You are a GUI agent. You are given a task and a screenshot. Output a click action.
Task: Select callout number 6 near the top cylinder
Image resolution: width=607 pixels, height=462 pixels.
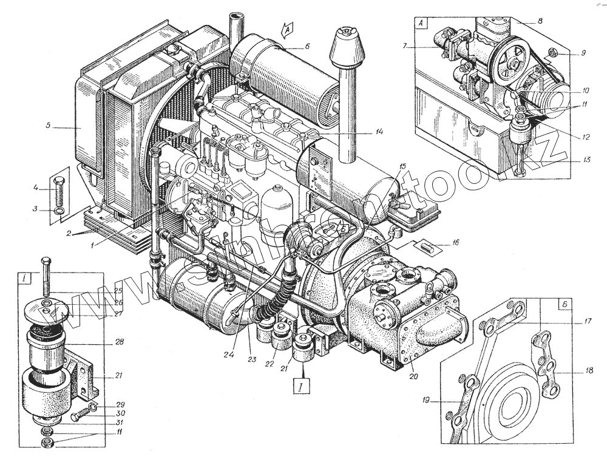tap(307, 46)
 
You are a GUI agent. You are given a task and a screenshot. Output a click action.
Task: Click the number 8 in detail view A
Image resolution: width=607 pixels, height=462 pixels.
tap(540, 21)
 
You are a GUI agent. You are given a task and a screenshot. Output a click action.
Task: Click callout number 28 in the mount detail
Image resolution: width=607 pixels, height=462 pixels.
tap(118, 342)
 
